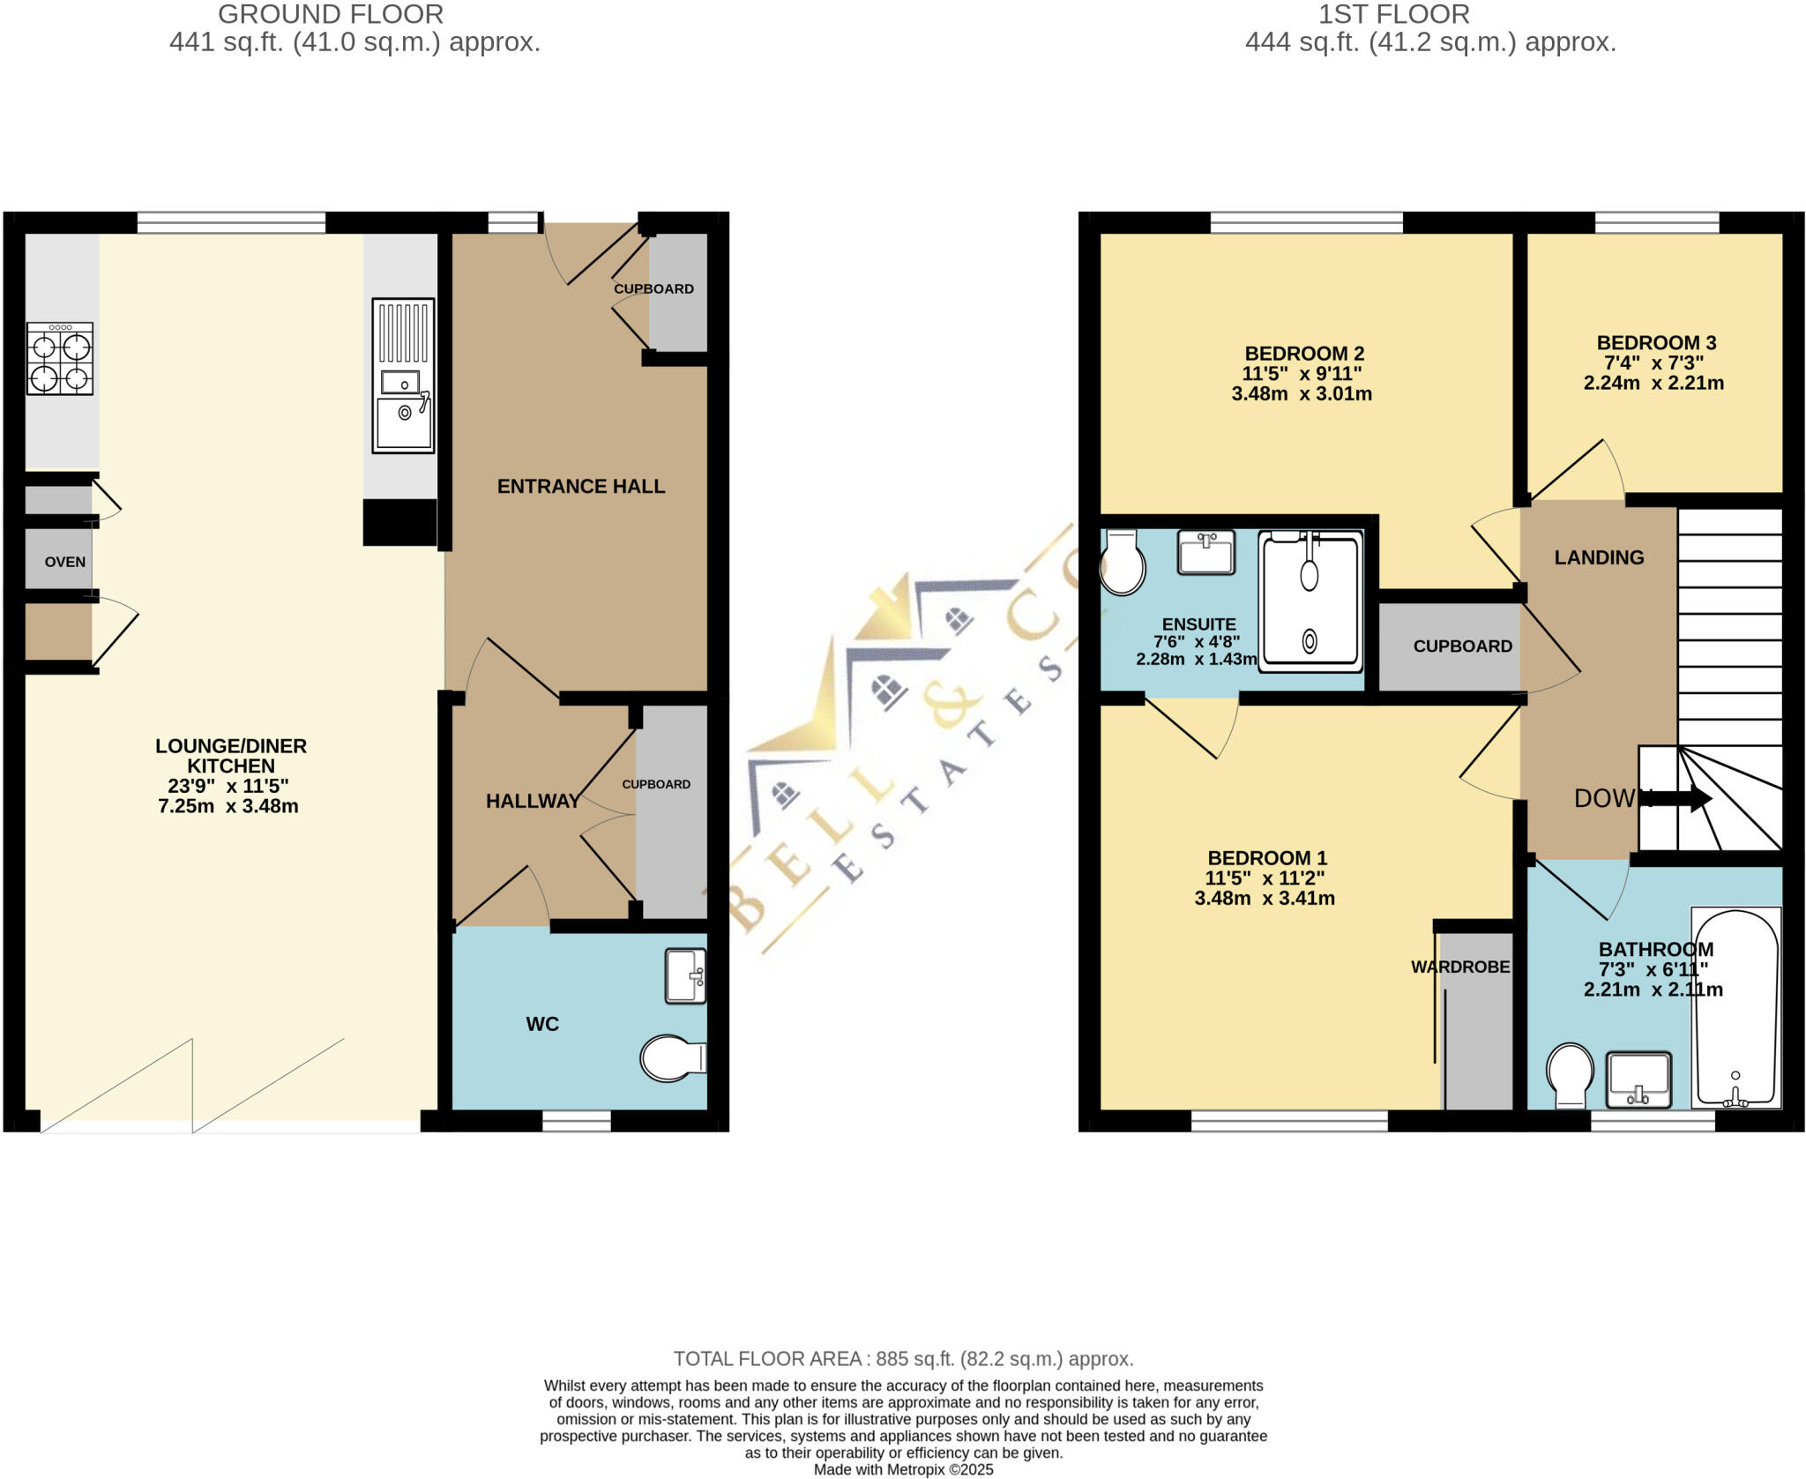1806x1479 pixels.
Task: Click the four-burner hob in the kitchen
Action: [x=60, y=358]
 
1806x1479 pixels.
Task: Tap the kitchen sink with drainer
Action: [x=403, y=376]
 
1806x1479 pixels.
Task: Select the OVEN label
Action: [x=65, y=562]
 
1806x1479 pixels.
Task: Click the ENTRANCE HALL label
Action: [x=580, y=486]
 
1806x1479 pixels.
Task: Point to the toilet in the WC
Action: [x=672, y=1058]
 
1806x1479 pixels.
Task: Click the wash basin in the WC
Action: [x=686, y=976]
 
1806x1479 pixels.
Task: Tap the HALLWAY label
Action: [x=533, y=801]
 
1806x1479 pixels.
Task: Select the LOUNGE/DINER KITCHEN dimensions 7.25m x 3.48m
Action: [x=228, y=806]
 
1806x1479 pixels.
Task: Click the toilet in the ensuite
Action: [x=1122, y=563]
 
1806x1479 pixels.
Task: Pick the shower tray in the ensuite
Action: [x=1310, y=601]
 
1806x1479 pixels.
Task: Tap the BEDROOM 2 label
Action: [x=1304, y=354]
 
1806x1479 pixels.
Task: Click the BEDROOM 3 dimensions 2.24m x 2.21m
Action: [x=1653, y=384]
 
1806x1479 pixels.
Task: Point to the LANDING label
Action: [x=1599, y=557]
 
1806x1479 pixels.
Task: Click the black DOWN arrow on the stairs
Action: [x=1679, y=799]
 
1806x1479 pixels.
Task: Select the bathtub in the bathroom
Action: [x=1735, y=1007]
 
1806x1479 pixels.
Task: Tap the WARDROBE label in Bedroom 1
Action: [x=1460, y=967]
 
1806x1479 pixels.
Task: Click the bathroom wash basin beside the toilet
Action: [x=1638, y=1079]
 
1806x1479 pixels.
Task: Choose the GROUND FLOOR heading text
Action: [x=331, y=14]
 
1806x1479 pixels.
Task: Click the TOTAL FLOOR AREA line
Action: [x=903, y=1359]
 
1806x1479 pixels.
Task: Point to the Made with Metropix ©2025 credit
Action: [x=903, y=1469]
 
